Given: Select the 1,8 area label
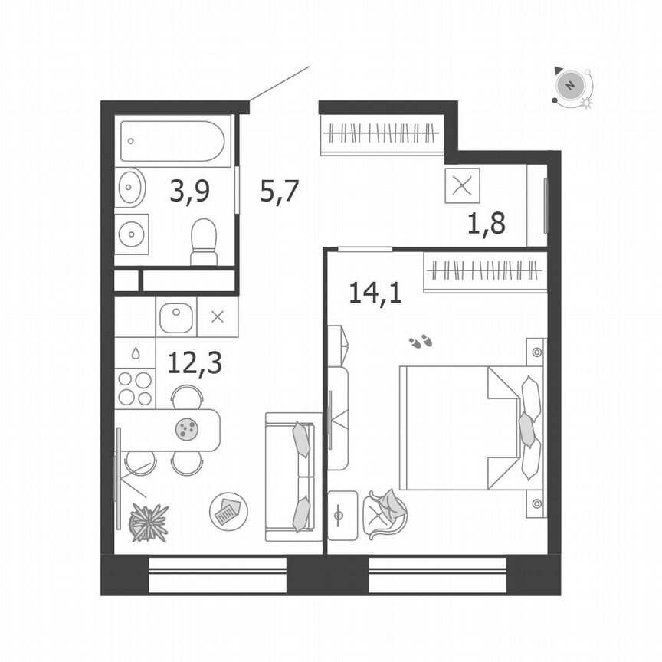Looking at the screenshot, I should tap(487, 226).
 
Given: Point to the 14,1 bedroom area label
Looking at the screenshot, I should tap(375, 292).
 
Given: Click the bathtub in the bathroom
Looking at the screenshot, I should tap(173, 141).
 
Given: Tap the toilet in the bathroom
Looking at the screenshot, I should tap(204, 241).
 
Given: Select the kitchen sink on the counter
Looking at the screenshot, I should tap(177, 316).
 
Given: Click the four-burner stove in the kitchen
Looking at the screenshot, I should tap(134, 388).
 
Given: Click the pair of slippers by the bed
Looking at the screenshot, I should tap(420, 342).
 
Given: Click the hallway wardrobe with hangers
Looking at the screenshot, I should tap(380, 135).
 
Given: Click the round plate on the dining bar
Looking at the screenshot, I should tap(186, 430).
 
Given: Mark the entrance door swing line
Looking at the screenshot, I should tap(280, 84).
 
